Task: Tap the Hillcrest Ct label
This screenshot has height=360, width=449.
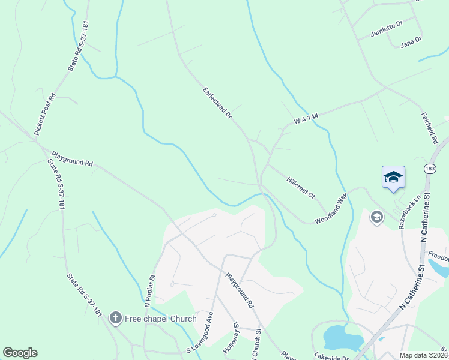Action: click(301, 187)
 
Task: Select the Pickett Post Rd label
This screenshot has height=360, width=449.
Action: click(45, 113)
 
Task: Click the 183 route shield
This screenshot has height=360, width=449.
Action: click(429, 169)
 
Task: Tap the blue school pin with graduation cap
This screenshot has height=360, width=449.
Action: click(393, 178)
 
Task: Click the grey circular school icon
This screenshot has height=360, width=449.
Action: click(377, 217)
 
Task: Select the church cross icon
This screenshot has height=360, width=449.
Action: click(116, 318)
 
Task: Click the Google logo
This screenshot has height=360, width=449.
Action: click(20, 353)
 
